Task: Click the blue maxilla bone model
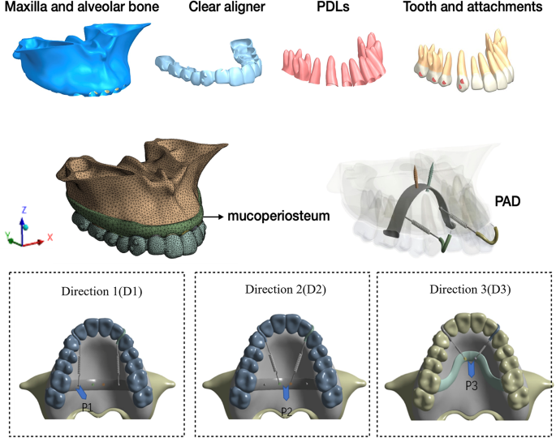pyautogui.click(x=77, y=57)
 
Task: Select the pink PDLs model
pyautogui.click(x=333, y=65)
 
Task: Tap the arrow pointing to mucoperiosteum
pyautogui.click(x=213, y=217)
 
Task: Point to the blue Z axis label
pyautogui.click(x=24, y=209)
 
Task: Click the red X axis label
pyautogui.click(x=50, y=238)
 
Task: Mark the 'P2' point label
pyautogui.click(x=286, y=412)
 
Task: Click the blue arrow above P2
pyautogui.click(x=286, y=394)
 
